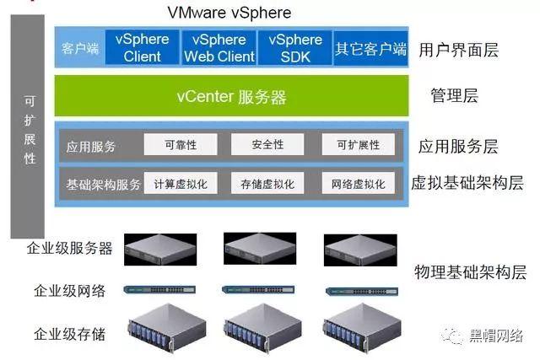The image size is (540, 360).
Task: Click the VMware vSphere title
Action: pos(229,13)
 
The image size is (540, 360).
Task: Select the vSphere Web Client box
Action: pos(219,47)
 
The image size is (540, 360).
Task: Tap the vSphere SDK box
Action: pos(295,47)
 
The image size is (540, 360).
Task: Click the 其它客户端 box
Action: pos(371,48)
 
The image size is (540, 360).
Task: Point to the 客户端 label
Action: pos(80,48)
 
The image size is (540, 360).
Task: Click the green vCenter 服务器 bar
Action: pos(231,95)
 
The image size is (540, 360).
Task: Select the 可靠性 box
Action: pos(181,144)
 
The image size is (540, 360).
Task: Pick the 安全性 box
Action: pos(267,144)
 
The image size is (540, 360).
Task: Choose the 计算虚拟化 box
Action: pos(181,183)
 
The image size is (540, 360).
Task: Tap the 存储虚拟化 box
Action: pos(267,183)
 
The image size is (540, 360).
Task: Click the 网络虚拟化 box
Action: pos(358,183)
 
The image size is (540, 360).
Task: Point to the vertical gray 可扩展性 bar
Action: pos(28,126)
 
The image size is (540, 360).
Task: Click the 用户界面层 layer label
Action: pos(458,50)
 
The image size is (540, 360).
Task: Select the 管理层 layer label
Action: pos(454,95)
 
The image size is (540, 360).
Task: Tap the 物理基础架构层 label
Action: pos(470,271)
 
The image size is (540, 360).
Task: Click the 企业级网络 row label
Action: pos(69,291)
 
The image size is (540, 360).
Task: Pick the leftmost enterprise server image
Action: pos(160,250)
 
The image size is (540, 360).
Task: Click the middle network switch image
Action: pos(258,289)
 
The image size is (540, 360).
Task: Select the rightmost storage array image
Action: pos(362,328)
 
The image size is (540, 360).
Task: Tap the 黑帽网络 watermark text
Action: pos(496,335)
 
